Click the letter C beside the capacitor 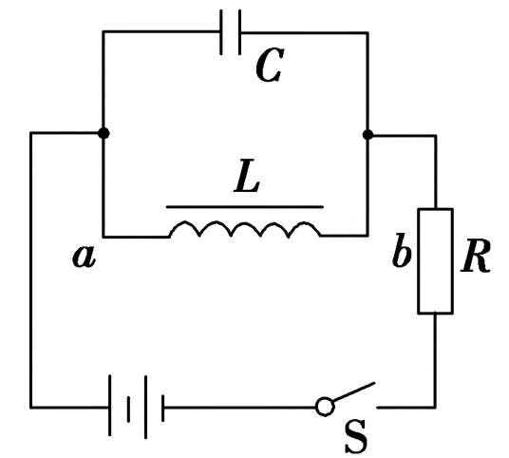click(270, 65)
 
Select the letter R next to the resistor click(475, 257)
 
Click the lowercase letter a click(84, 257)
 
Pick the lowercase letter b click(402, 250)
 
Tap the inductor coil click(245, 228)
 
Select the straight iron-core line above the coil click(245, 206)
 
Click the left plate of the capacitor click(221, 32)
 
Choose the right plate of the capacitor click(239, 32)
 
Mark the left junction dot click(104, 133)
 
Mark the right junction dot click(368, 135)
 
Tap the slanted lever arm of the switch click(354, 391)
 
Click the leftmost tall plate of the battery click(110, 406)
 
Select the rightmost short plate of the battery click(163, 408)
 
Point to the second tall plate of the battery click(145, 407)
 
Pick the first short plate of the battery click(129, 410)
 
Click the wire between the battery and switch click(240, 407)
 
